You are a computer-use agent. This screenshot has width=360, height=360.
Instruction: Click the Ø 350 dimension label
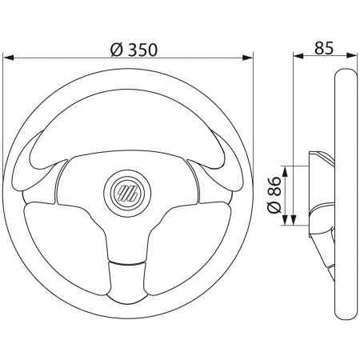pos(134,50)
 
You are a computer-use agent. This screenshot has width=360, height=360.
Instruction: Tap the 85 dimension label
pos(324,48)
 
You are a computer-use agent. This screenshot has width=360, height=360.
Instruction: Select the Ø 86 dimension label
pos(274,194)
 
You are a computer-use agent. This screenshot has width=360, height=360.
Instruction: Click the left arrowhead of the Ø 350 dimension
pos(8,58)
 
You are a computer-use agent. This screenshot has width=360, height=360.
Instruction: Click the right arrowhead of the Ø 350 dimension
pos(247,58)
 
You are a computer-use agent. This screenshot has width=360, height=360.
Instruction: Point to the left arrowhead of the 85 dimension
pos(298,56)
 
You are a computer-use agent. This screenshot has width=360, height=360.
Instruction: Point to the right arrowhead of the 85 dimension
pos(351,56)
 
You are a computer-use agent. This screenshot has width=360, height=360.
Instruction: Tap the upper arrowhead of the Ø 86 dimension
pos(285,171)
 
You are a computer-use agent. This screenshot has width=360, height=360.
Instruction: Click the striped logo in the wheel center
pos(127,193)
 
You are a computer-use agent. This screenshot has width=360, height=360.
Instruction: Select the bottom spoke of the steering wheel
pos(127,280)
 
